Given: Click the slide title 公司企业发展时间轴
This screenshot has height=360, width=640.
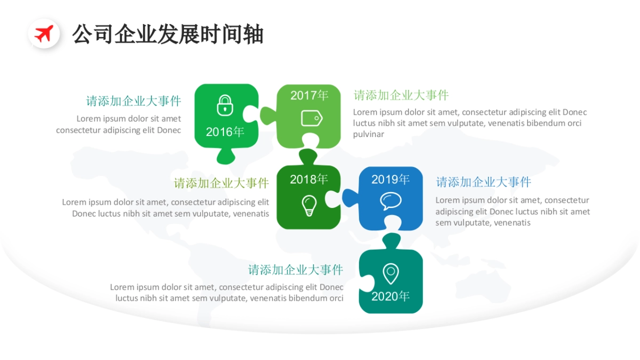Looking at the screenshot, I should tap(168, 34).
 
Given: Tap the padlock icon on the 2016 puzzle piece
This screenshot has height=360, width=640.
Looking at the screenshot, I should tap(225, 105).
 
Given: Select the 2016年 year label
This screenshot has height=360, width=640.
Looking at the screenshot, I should tap(225, 132).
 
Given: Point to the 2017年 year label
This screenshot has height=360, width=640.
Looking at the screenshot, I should tap(309, 95).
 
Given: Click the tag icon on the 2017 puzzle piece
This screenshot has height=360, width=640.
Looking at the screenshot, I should tap(311, 118).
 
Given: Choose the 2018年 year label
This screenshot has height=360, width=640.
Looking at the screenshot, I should tap(309, 179).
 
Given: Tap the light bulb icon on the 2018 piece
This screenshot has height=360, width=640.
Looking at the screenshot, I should tap(309, 205).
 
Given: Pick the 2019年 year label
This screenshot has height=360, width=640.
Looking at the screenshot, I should tap(390, 179).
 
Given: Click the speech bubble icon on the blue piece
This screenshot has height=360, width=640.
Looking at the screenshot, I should tap(390, 201).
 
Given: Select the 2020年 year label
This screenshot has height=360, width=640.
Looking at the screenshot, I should tap(390, 296).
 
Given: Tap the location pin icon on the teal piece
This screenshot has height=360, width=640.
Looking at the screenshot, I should tap(390, 274).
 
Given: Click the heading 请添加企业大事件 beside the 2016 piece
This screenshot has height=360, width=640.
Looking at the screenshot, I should tap(134, 101).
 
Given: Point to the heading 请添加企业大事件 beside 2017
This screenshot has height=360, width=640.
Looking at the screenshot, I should tap(401, 95).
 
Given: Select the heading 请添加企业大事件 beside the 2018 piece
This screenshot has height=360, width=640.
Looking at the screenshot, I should tap(221, 183).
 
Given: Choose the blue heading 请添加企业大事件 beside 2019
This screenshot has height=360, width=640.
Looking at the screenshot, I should tap(484, 182).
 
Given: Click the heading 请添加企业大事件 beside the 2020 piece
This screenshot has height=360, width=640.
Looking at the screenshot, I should tap(295, 270).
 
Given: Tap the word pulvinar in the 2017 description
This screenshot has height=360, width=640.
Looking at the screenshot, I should tap(369, 134).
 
